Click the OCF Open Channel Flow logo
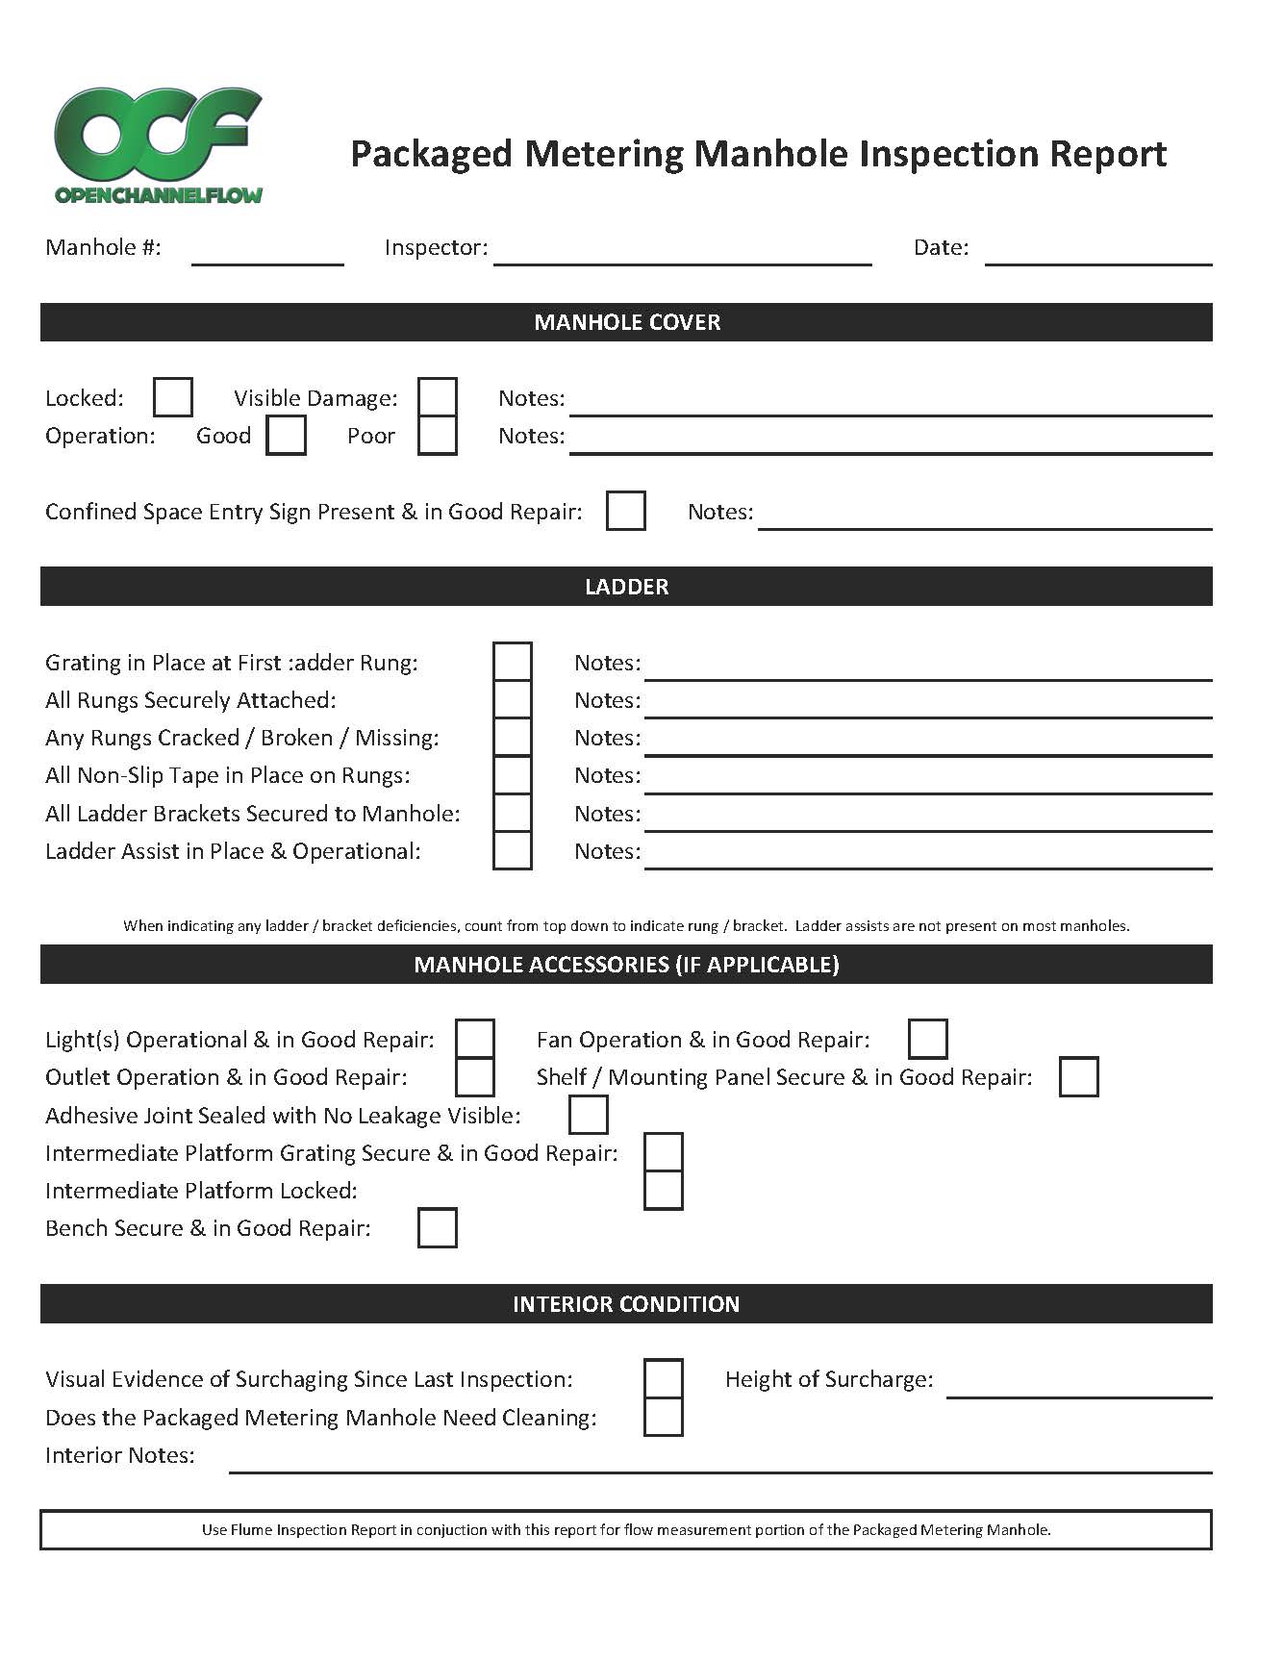click(x=159, y=144)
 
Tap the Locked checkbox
click(x=173, y=397)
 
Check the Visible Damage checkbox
click(x=438, y=397)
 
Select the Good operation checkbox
click(x=287, y=435)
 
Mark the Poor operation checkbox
click(x=438, y=435)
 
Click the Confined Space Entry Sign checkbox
click(x=626, y=511)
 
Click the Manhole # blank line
click(x=267, y=255)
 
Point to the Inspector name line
click(x=682, y=255)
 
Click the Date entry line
click(x=1098, y=255)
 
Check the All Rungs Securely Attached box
click(x=513, y=699)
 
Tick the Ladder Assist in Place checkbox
click(x=513, y=850)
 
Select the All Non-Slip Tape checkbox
click(x=513, y=775)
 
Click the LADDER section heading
click(x=626, y=587)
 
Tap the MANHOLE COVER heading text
click(x=627, y=322)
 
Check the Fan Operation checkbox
click(x=928, y=1039)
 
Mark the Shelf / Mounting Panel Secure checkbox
click(x=1079, y=1076)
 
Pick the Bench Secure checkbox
click(x=438, y=1228)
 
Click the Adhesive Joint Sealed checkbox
click(x=589, y=1115)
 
